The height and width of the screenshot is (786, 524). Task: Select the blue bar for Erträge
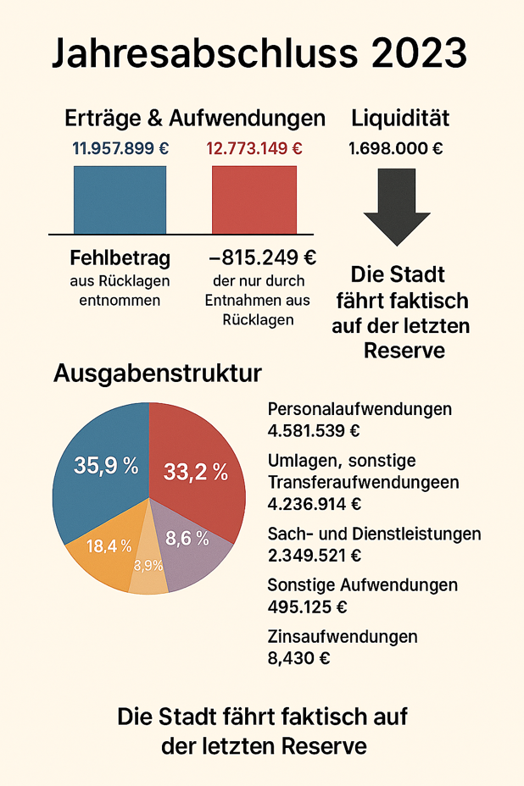click(120, 200)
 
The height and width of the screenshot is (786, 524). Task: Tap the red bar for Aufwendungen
click(254, 200)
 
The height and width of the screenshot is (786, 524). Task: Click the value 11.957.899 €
click(120, 148)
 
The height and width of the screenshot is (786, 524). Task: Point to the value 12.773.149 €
click(254, 148)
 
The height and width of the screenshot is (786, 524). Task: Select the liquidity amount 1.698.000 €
click(396, 148)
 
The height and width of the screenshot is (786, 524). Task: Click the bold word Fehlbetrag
click(120, 257)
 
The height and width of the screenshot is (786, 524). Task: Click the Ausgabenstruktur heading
click(158, 374)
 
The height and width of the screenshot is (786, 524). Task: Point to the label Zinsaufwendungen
click(343, 636)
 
